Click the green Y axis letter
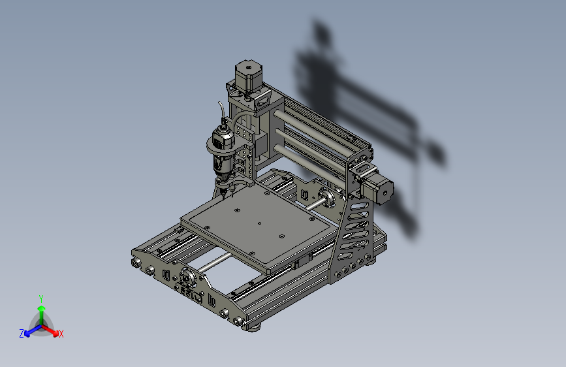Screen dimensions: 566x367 click(41, 298)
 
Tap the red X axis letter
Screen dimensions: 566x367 click(61, 334)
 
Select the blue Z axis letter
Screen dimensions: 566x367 click(22, 334)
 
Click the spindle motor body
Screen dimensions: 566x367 click(222, 151)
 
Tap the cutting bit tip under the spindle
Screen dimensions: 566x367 click(224, 198)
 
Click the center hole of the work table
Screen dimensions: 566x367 click(259, 223)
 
